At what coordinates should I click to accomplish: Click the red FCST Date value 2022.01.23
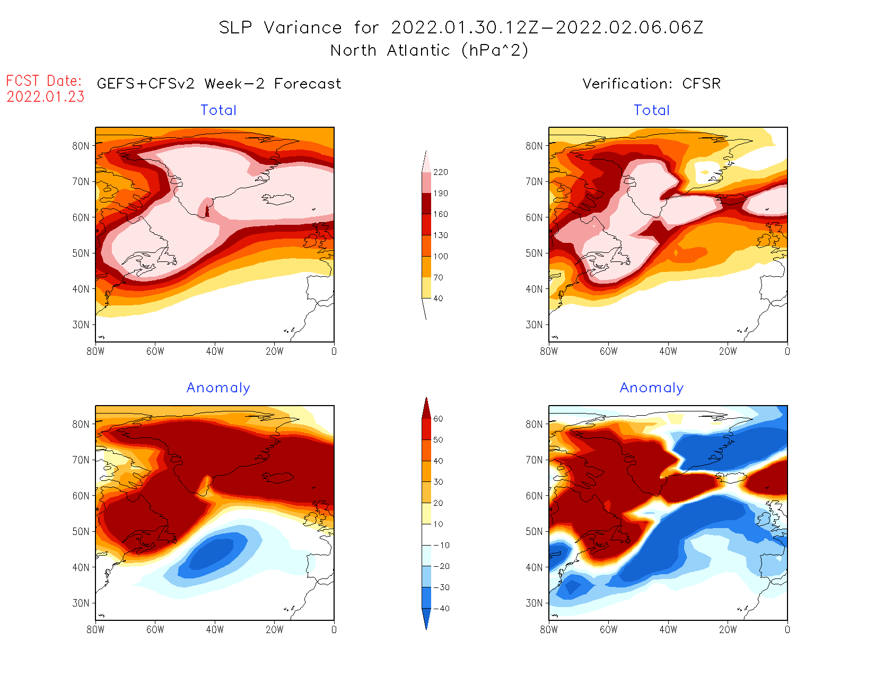(x=46, y=96)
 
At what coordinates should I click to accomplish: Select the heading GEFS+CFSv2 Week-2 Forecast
(x=219, y=84)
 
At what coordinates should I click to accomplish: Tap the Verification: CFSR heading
(x=651, y=84)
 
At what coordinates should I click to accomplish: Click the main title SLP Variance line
(x=461, y=28)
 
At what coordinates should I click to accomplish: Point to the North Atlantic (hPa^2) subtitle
(x=429, y=50)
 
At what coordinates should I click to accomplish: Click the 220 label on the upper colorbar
(x=440, y=172)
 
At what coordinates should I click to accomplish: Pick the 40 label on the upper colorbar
(x=438, y=299)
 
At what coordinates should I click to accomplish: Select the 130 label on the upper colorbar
(x=440, y=235)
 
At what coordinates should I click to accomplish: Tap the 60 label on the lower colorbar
(x=438, y=419)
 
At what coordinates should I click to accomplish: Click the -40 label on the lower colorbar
(x=441, y=609)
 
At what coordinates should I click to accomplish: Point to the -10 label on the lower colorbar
(x=441, y=545)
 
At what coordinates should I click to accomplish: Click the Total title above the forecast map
(x=218, y=110)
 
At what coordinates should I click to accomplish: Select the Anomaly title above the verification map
(x=652, y=388)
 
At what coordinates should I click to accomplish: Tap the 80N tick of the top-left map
(x=81, y=146)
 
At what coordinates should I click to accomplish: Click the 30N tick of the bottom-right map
(x=534, y=603)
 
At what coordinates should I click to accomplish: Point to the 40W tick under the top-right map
(x=668, y=351)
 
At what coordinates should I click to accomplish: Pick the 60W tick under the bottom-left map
(x=155, y=629)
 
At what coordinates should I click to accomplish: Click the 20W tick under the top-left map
(x=275, y=351)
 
